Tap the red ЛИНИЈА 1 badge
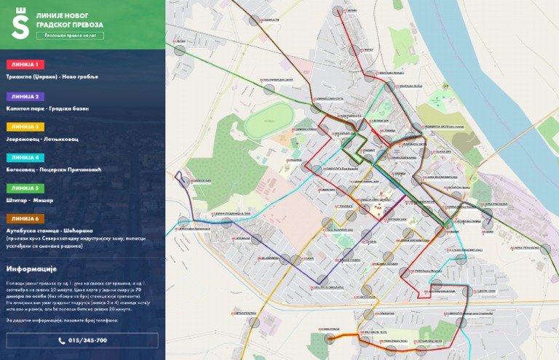pos(25,65)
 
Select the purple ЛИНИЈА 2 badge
pos(25,96)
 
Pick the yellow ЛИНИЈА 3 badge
pos(25,127)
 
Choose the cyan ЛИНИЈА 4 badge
pos(25,157)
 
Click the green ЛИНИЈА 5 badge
pos(25,188)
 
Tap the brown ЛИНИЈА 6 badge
pos(25,219)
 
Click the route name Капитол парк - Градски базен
pos(47,108)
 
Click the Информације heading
pos(37,268)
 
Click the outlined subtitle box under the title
pos(70,36)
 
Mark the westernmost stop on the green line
pos(179,50)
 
